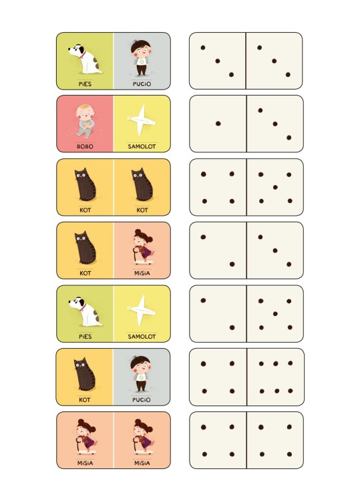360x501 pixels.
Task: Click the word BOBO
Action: point(85,147)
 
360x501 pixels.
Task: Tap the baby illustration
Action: point(85,121)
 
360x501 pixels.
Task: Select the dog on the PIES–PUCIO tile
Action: point(85,59)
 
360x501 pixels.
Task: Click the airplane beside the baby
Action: point(142,120)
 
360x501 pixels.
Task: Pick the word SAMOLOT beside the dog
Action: point(142,337)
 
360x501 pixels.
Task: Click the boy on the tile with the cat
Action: point(140,375)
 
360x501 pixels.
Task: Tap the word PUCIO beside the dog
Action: point(142,84)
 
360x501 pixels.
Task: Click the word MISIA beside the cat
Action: point(142,273)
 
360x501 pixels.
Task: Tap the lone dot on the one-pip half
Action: point(218,124)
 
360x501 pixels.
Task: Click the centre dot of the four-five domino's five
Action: point(275,187)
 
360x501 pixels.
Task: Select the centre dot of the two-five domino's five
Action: point(275,314)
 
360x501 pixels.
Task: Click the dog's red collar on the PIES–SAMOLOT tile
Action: point(83,308)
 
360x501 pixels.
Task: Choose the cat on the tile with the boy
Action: point(85,374)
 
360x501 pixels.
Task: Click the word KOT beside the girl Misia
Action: point(85,273)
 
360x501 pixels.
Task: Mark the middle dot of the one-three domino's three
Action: point(275,124)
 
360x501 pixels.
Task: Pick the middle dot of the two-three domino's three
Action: point(275,251)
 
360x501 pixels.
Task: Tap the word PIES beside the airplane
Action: point(85,337)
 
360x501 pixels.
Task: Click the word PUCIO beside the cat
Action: point(142,399)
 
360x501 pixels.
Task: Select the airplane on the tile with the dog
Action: point(142,310)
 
